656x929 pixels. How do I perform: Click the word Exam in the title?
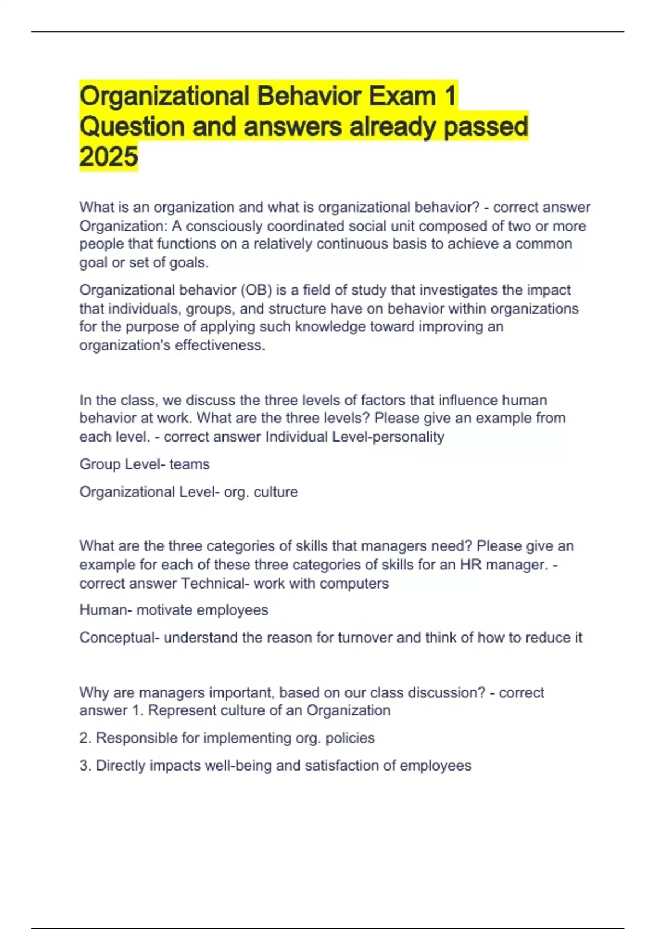[x=401, y=97]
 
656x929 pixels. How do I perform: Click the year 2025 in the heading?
[x=108, y=157]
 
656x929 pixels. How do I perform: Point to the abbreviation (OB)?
[x=256, y=290]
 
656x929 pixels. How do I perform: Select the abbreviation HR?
[x=471, y=565]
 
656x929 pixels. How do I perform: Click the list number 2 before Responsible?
[x=84, y=738]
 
